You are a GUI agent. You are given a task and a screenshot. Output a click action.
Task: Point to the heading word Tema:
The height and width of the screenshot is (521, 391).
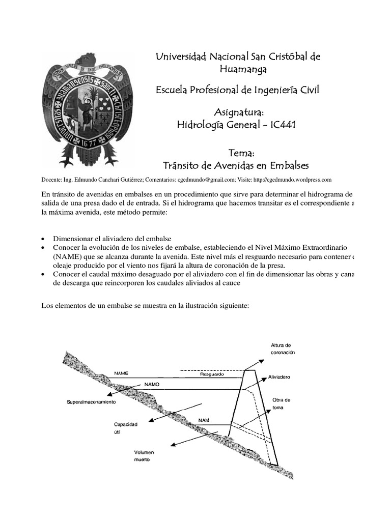235,153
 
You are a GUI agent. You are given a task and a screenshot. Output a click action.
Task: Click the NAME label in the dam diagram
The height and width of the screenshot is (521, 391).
121,373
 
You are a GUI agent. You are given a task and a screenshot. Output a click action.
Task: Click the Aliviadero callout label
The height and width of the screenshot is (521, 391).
279,378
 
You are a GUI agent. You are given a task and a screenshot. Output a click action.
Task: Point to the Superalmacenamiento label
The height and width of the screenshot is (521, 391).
92,402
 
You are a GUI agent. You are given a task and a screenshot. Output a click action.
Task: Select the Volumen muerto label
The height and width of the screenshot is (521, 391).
144,455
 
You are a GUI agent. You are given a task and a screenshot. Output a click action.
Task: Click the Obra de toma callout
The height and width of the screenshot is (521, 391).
281,403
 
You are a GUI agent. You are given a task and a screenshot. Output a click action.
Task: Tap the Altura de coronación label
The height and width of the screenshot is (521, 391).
282,348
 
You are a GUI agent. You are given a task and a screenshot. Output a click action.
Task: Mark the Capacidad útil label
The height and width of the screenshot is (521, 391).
126,427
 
